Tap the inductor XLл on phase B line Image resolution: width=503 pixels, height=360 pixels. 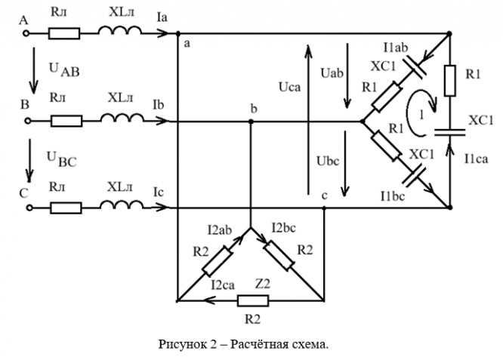(x=120, y=120)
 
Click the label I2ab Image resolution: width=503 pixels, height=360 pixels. (x=218, y=226)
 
